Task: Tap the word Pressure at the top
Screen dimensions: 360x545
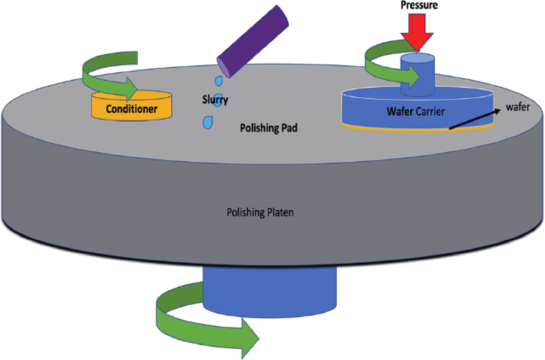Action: click(419, 5)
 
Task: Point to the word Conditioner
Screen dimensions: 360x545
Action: click(131, 109)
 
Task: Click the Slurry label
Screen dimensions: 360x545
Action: click(215, 100)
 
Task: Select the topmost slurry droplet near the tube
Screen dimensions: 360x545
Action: click(219, 81)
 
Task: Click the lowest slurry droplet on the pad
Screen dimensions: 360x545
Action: click(208, 123)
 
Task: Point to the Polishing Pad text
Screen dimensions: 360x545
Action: click(269, 128)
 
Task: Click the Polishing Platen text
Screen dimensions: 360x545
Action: click(260, 212)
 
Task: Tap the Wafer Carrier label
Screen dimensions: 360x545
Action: click(416, 111)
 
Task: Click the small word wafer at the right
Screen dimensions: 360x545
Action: click(518, 107)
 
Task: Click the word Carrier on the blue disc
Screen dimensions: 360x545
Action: click(430, 111)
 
